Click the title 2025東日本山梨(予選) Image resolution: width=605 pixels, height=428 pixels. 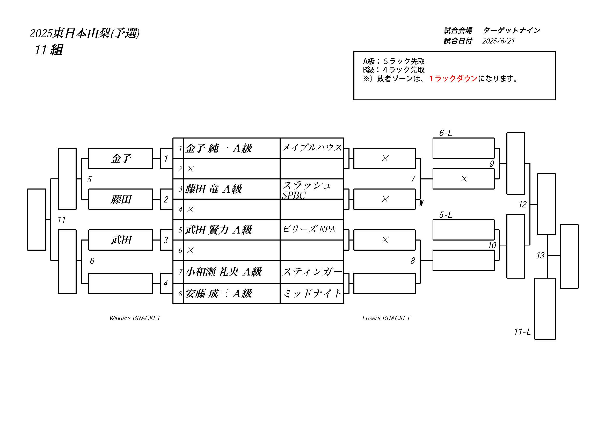point(85,33)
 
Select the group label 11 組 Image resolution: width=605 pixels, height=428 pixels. point(49,50)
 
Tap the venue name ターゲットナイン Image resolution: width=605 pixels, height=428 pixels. point(512,31)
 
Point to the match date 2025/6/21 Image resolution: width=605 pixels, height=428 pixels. point(498,41)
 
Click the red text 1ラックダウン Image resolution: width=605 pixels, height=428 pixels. point(453,78)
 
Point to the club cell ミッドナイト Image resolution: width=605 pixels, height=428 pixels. point(312,293)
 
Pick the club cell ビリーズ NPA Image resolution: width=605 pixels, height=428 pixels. point(309,229)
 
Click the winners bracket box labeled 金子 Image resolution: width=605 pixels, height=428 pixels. point(121,158)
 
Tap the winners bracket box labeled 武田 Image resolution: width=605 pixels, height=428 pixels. point(121,240)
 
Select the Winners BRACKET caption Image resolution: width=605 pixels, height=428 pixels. point(135,318)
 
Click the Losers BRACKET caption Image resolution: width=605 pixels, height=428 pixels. point(386,318)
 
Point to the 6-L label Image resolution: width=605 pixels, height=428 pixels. point(446,133)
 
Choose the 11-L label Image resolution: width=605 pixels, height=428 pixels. point(522,332)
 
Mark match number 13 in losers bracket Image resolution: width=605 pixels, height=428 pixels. point(541,255)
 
